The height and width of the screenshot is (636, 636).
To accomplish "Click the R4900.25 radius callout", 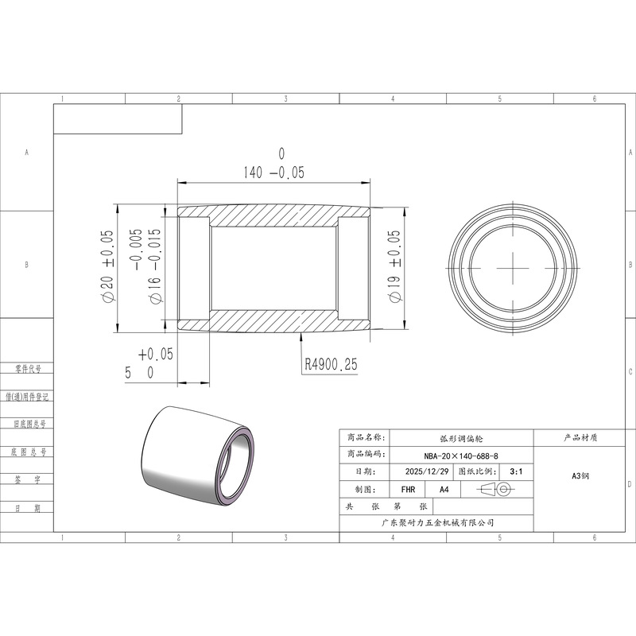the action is [331, 364].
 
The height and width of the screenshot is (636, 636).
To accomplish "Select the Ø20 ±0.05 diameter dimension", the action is [107, 266].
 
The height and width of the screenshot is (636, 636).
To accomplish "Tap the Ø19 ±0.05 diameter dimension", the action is [394, 266].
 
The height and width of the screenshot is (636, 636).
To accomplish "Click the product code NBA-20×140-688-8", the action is [461, 456].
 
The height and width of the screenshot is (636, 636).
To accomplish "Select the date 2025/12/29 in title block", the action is [427, 471].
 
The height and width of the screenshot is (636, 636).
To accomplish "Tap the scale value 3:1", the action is [516, 471].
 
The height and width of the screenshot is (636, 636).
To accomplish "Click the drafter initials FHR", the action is [408, 490].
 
